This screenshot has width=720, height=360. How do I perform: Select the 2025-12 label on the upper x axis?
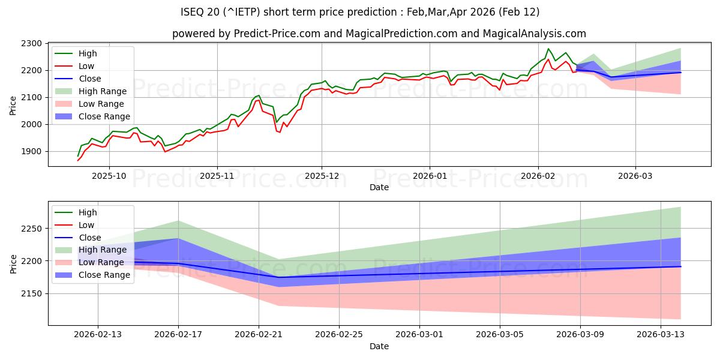(322, 176)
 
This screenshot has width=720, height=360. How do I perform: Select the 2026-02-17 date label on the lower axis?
(178, 335)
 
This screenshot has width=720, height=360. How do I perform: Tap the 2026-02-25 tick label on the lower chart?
(339, 335)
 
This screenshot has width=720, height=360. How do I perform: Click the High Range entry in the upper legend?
(103, 91)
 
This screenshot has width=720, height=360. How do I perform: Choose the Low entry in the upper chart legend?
(86, 66)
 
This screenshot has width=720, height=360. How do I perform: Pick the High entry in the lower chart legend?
(88, 212)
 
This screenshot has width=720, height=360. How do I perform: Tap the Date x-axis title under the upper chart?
(379, 188)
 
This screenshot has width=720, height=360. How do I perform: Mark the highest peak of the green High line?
(548, 49)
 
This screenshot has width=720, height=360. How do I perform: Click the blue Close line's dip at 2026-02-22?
(278, 277)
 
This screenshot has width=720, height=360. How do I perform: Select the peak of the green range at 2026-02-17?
(178, 221)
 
